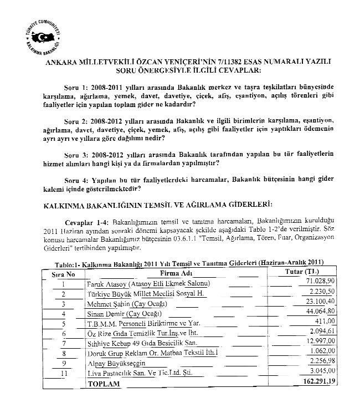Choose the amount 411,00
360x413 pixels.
(325, 323)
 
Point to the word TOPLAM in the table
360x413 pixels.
(104, 383)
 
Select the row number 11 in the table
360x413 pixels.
(64, 373)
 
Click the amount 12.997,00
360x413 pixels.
(320, 343)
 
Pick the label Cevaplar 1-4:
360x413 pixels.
(83, 222)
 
